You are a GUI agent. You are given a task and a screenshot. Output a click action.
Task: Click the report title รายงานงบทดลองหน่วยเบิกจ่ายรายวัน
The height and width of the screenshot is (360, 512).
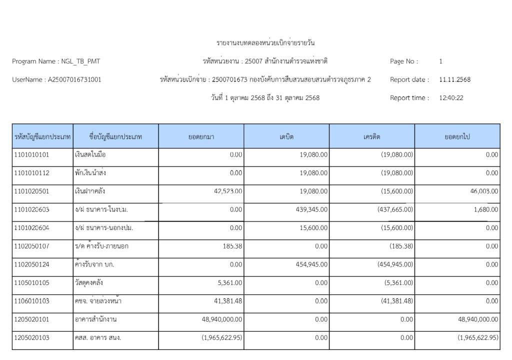click(x=265, y=43)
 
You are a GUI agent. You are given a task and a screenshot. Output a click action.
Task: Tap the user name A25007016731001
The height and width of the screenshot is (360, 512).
click(x=74, y=79)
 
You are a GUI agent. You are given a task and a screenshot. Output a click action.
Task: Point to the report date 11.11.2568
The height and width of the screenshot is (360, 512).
click(x=454, y=79)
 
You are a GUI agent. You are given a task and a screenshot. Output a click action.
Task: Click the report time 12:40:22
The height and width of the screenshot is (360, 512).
click(x=451, y=98)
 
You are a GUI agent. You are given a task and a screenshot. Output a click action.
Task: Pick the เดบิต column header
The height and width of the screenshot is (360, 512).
click(x=286, y=136)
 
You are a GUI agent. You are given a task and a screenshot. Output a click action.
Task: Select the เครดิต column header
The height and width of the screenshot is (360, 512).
click(x=372, y=136)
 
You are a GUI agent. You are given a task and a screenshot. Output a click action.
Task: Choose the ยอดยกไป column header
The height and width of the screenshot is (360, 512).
click(x=457, y=136)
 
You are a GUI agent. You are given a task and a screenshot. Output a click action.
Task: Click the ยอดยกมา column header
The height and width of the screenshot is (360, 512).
click(x=201, y=136)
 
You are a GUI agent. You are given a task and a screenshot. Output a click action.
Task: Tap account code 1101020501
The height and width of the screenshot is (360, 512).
click(x=32, y=191)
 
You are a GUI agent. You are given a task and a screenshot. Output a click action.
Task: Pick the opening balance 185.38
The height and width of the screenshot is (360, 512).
click(x=232, y=246)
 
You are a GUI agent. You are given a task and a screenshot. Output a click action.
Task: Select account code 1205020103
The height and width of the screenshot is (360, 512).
click(x=32, y=338)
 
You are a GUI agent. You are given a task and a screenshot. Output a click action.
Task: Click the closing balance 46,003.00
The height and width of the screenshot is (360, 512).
click(x=483, y=191)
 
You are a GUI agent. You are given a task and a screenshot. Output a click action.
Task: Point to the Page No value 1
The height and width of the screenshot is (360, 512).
click(x=440, y=61)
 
